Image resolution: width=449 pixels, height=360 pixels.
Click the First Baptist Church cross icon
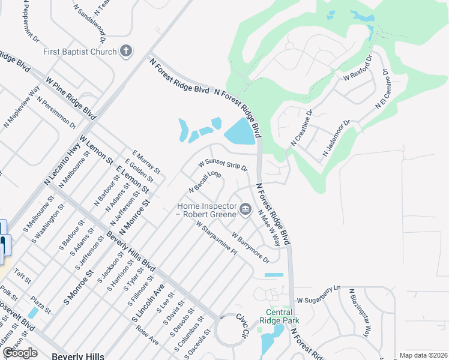tap(126, 51)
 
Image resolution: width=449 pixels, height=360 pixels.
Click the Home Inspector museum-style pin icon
tap(245, 209)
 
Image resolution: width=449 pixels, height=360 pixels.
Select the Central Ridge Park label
tap(279, 316)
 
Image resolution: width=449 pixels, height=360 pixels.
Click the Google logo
tap(20, 353)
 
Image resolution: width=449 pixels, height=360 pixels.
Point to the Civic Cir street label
tap(241, 325)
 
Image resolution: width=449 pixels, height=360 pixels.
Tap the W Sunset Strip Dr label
tap(223, 164)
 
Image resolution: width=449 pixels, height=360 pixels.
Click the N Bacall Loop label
tap(205, 182)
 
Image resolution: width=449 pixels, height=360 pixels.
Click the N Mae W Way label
tap(269, 229)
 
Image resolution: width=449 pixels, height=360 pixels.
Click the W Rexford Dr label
tap(358, 69)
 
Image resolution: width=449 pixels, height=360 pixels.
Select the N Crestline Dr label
tap(302, 128)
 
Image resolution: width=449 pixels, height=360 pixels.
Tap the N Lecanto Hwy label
tap(62, 166)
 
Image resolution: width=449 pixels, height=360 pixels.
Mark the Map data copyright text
tap(423, 355)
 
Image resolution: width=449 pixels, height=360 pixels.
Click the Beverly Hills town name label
tap(78, 356)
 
